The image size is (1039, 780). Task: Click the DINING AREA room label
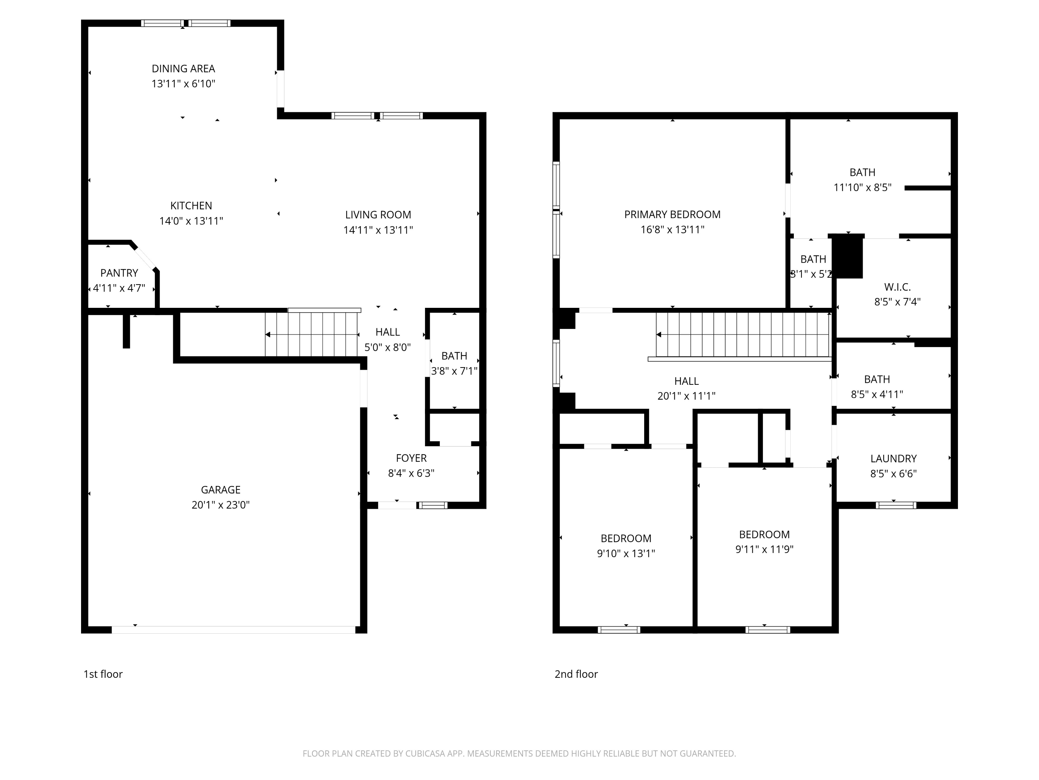point(183,69)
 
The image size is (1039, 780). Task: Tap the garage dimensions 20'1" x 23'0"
point(220,505)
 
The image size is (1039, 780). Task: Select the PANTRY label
point(119,273)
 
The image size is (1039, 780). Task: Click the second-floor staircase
point(743,335)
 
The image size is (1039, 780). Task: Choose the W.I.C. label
point(897,287)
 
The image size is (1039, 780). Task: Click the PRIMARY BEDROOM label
point(672,214)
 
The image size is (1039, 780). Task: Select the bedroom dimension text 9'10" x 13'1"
point(626,553)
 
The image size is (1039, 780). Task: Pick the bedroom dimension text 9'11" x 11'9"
point(764,549)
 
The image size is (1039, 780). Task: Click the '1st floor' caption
point(103,674)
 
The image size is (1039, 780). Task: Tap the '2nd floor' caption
point(576,674)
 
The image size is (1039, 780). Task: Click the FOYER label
point(411,458)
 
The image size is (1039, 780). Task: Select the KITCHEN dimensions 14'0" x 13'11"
point(191,221)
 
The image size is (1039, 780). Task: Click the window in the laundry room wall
point(896,505)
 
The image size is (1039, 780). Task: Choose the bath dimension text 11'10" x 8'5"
point(862,188)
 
